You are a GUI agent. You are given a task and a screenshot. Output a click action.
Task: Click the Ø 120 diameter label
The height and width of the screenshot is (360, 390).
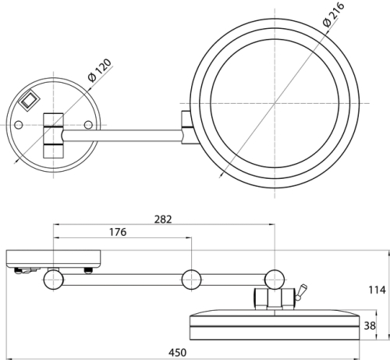(100, 70)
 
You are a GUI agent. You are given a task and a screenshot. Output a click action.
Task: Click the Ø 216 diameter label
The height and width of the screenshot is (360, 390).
(334, 14)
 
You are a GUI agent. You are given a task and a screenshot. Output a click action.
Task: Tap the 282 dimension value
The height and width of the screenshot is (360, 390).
(163, 219)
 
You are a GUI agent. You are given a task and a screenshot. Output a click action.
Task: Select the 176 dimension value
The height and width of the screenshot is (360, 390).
(118, 232)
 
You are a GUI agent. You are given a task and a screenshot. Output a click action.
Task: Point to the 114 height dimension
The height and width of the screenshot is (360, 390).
(377, 290)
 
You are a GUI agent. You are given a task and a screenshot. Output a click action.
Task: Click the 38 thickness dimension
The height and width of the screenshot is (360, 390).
(370, 326)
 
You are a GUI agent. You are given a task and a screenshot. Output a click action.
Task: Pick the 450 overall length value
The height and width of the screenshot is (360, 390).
(178, 353)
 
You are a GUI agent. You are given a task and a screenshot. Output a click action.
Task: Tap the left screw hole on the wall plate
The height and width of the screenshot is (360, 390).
(18, 125)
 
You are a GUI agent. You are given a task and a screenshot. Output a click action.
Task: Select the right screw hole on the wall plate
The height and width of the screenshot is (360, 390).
(88, 125)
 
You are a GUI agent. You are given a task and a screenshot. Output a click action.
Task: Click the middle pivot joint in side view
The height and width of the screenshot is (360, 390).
(191, 280)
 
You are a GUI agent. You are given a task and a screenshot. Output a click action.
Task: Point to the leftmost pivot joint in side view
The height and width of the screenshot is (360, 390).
(54, 280)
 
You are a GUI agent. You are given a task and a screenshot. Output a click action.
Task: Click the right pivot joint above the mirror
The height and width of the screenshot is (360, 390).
(275, 280)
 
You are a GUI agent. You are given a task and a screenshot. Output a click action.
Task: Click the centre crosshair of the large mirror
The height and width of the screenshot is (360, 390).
(275, 103)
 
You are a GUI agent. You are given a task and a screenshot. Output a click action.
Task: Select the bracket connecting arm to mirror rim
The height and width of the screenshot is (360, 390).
(187, 127)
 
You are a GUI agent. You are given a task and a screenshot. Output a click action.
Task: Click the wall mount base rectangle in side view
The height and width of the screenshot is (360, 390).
(54, 259)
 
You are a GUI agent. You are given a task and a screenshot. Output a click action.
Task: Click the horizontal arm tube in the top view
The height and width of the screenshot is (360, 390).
(122, 136)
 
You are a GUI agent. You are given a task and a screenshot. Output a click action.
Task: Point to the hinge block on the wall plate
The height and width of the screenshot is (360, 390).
(53, 135)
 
